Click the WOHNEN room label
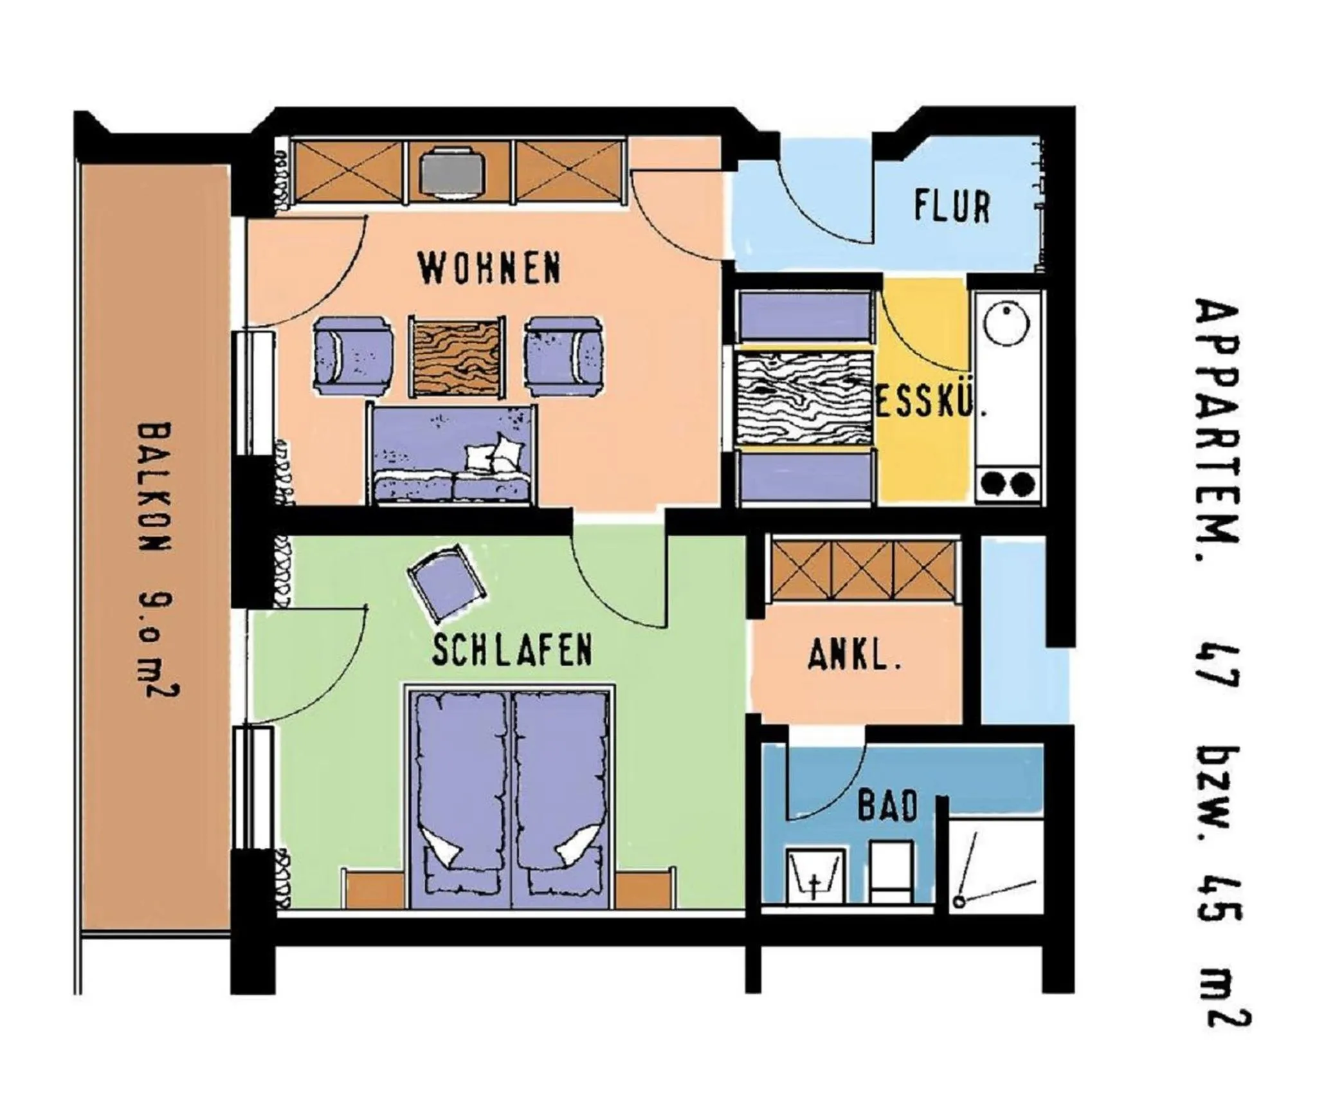pos(489,269)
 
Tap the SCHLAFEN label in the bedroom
pos(512,650)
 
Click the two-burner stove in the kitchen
pos(1008,482)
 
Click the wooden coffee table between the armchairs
pos(457,356)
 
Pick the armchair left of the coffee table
pos(353,356)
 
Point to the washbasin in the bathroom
pos(815,875)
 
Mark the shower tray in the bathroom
pos(995,865)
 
